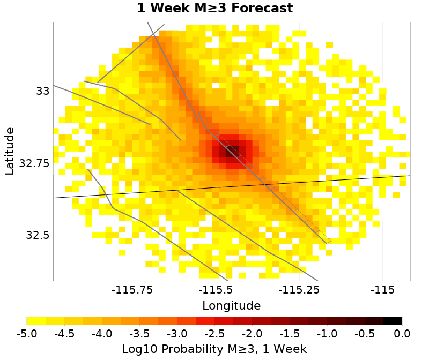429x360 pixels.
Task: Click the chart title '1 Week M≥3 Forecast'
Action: (214, 9)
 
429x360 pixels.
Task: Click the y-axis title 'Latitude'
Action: (10, 151)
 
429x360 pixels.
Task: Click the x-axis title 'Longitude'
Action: (231, 306)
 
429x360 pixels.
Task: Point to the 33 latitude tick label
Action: (42, 91)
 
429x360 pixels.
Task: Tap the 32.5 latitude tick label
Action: (38, 235)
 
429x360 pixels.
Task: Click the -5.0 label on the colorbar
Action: (27, 334)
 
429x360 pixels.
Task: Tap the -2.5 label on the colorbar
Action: (214, 334)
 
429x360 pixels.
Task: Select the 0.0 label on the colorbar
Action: (402, 334)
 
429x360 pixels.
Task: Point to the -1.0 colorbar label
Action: (327, 334)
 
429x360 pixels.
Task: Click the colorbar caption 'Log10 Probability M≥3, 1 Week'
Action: (214, 349)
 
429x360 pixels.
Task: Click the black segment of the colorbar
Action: (393, 321)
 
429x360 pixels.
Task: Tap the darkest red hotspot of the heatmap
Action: (233, 151)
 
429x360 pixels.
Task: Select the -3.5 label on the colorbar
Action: (139, 334)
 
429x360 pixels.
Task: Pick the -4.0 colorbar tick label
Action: (102, 334)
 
